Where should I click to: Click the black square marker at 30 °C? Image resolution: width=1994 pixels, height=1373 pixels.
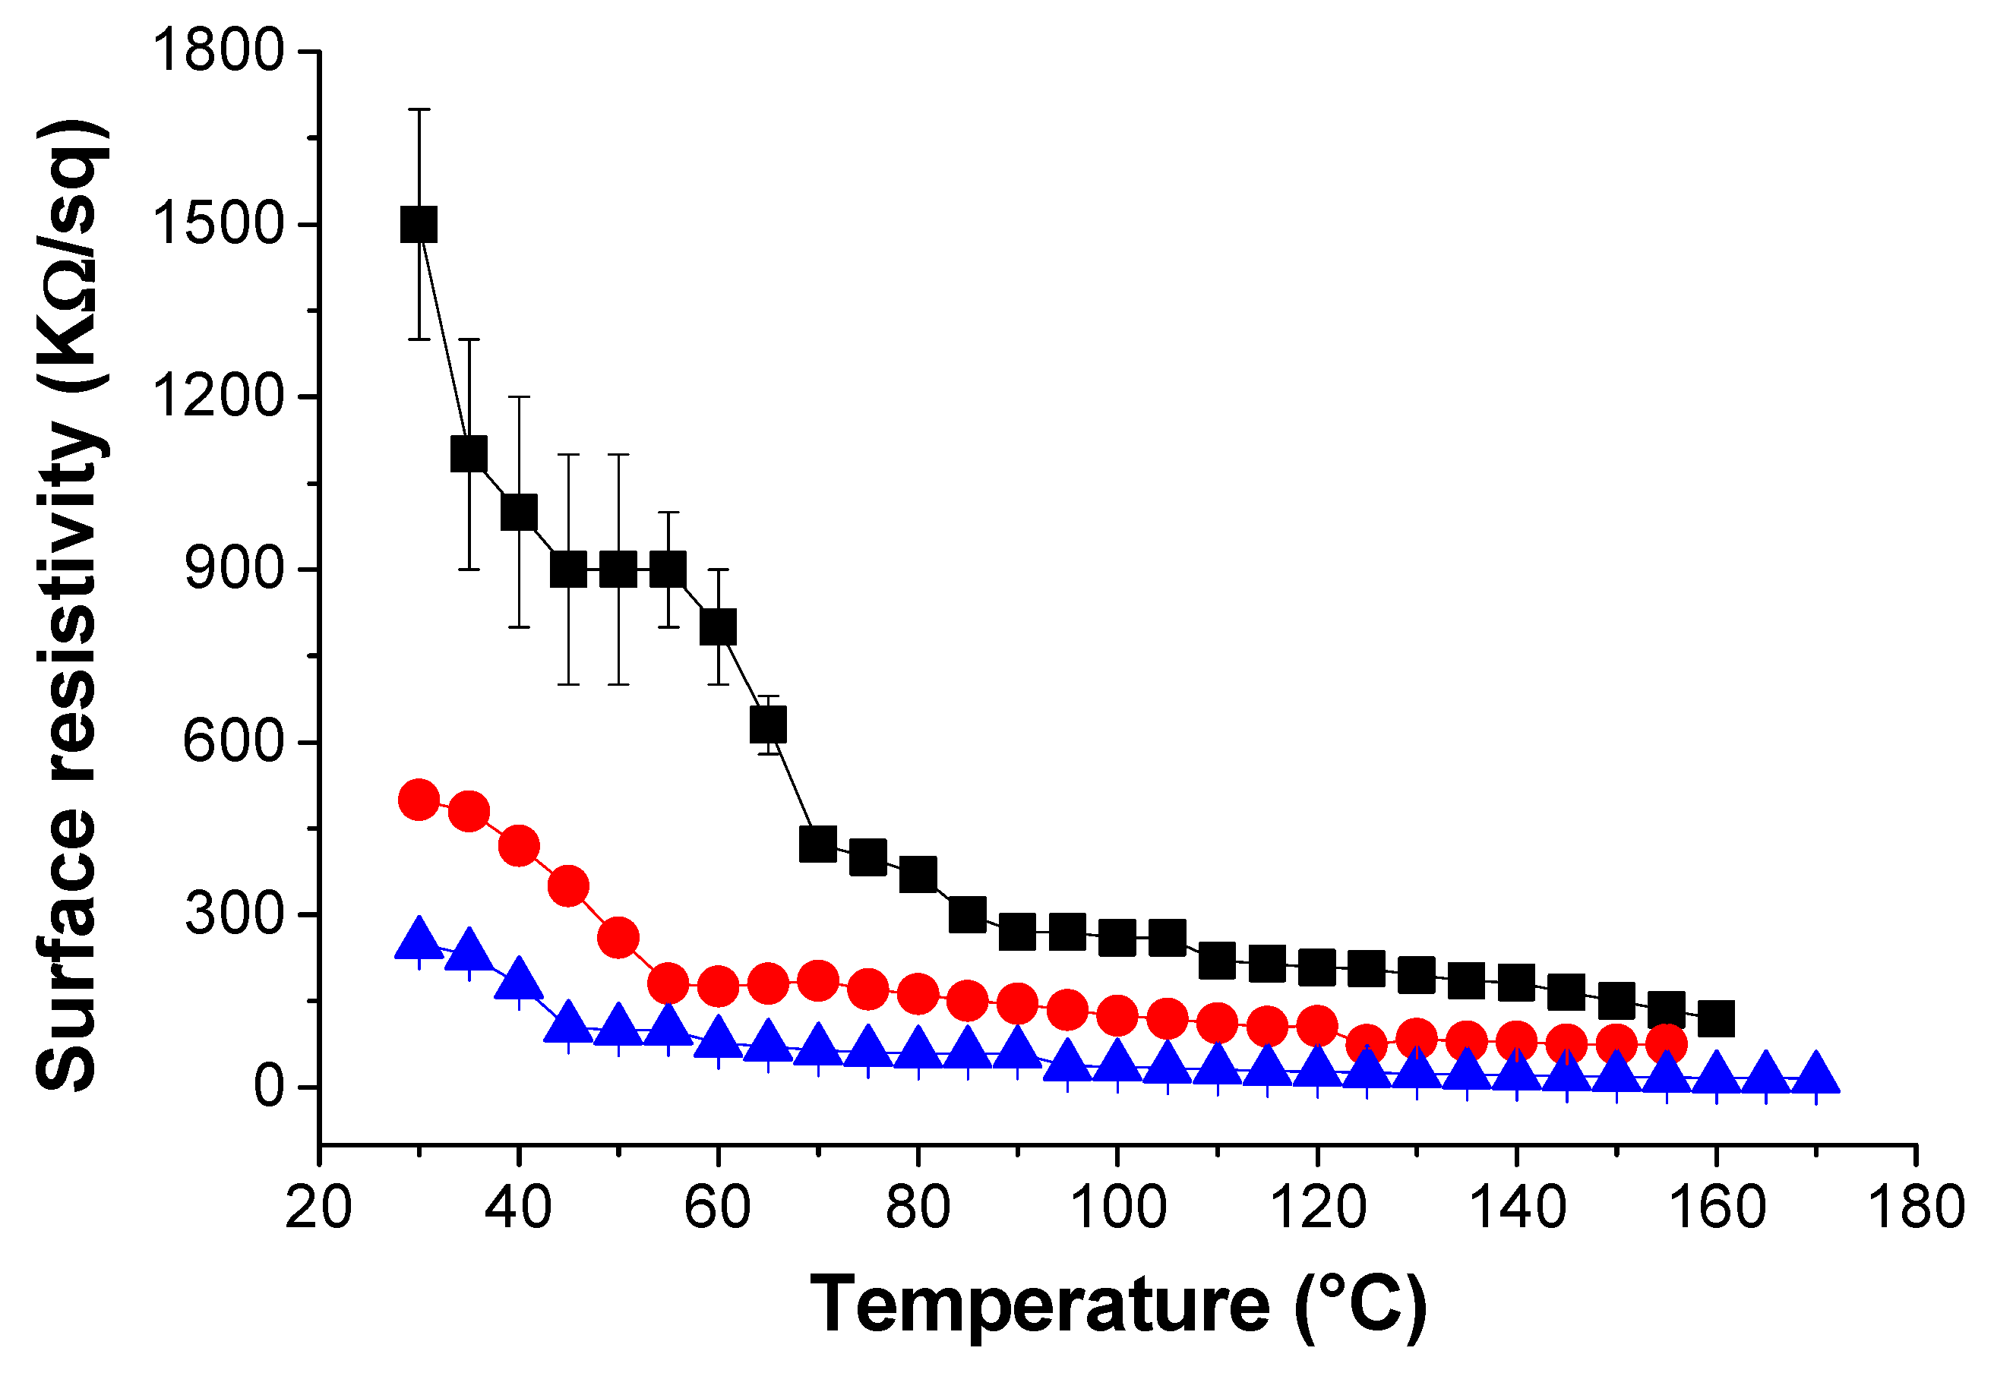pyautogui.click(x=419, y=225)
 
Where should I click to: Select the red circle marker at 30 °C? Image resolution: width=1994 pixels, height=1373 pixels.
pyautogui.click(x=419, y=800)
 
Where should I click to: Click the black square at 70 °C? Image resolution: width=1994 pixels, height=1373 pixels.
pyautogui.click(x=817, y=844)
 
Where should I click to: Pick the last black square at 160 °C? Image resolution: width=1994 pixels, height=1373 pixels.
pyautogui.click(x=1716, y=1018)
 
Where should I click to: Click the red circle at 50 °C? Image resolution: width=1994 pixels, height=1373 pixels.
pyautogui.click(x=618, y=937)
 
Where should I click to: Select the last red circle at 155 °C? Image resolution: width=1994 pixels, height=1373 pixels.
pyautogui.click(x=1666, y=1044)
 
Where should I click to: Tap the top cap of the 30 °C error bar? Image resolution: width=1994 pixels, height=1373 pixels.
pyautogui.click(x=419, y=109)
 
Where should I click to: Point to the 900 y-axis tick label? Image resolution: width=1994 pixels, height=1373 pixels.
pyautogui.click(x=234, y=569)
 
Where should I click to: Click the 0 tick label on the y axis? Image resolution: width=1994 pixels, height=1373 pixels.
pyautogui.click(x=268, y=1087)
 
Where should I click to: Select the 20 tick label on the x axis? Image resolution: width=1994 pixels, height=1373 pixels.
pyautogui.click(x=318, y=1207)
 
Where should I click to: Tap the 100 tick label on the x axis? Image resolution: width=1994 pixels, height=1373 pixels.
pyautogui.click(x=1117, y=1207)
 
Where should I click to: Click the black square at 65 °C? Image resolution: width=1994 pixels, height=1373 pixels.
pyautogui.click(x=768, y=724)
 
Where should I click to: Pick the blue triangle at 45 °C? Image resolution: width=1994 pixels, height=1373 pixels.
pyautogui.click(x=568, y=1022)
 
